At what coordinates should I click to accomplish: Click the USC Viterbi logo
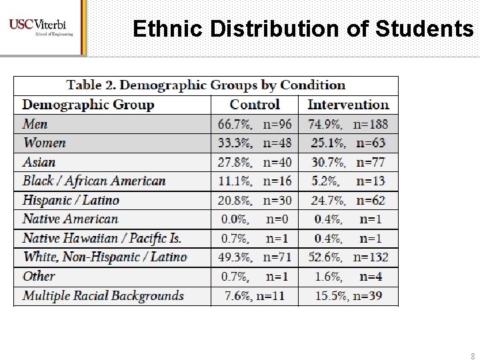[x=41, y=27]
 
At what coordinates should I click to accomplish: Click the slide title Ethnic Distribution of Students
[x=303, y=29]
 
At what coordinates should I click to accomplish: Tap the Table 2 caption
[x=206, y=85]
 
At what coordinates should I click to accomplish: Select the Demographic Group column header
[x=88, y=105]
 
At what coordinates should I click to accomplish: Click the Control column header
[x=255, y=105]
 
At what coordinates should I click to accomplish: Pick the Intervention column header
[x=348, y=105]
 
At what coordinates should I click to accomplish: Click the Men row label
[x=35, y=124]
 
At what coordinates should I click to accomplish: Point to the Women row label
[x=45, y=143]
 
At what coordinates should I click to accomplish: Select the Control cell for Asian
[x=255, y=162]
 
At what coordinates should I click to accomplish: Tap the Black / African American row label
[x=94, y=181]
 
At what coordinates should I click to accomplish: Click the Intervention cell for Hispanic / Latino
[x=348, y=200]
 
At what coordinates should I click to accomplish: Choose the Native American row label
[x=70, y=219]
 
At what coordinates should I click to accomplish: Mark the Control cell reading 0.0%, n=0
[x=255, y=219]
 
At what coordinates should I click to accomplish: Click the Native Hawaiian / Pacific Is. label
[x=101, y=238]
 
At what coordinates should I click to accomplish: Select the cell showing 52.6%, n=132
[x=348, y=257]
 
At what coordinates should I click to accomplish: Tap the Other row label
[x=39, y=276]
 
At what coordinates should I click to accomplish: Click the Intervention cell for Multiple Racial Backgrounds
[x=348, y=295]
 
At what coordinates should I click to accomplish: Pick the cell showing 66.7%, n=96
[x=255, y=124]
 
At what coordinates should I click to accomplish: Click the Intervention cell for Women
[x=348, y=143]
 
